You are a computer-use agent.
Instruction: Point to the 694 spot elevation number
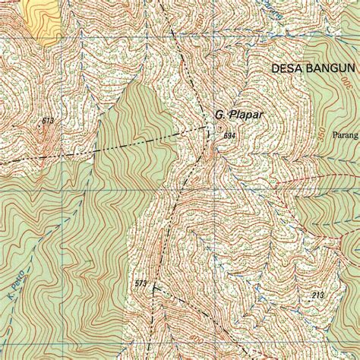click(x=229, y=135)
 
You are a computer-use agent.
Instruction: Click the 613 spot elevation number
click(x=49, y=121)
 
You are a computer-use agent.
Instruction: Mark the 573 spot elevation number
click(x=141, y=283)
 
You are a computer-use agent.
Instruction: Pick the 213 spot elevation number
click(x=317, y=294)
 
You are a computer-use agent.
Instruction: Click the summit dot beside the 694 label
click(x=220, y=128)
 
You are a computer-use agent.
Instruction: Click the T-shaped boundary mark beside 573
click(x=154, y=287)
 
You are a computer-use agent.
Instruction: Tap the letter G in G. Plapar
click(x=217, y=115)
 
